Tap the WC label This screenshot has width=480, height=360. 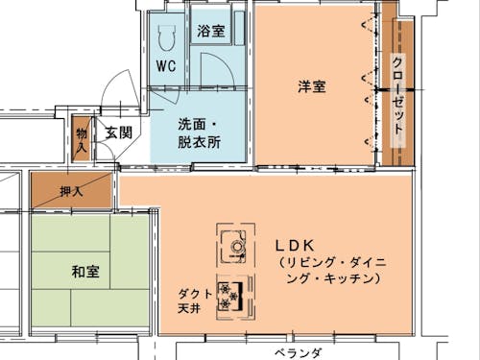tap(165, 67)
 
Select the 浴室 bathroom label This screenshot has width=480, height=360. tap(211, 32)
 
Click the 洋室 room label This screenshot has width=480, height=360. tap(311, 86)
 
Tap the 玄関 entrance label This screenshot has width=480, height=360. tap(119, 133)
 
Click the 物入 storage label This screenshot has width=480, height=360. tap(82, 140)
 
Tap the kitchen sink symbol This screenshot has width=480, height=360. tap(233, 244)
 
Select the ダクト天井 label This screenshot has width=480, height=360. tap(195, 301)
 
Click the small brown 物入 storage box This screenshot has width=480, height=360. tap(82, 138)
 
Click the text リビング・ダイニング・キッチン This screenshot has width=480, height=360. tap(327, 270)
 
